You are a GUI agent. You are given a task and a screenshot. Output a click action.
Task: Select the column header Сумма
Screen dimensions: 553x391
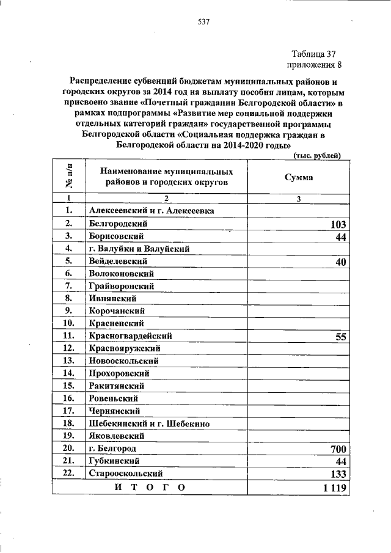click(299, 178)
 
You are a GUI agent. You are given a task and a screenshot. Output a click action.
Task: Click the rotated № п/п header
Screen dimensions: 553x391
click(68, 178)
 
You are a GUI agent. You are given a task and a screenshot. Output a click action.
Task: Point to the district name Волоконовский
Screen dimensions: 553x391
click(121, 273)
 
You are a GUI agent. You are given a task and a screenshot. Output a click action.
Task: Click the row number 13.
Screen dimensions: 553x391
click(68, 361)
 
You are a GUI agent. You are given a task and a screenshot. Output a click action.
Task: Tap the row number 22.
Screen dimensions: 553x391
click(68, 474)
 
